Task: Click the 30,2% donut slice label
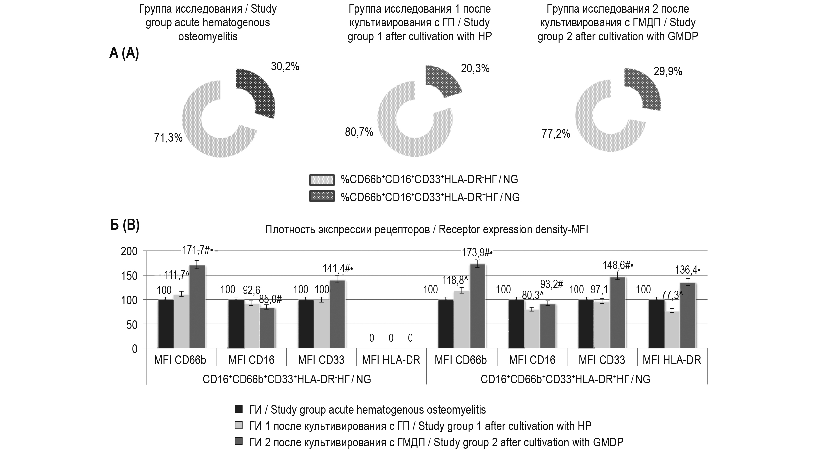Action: (x=285, y=67)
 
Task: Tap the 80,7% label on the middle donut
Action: (x=359, y=132)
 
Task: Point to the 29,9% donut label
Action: (x=668, y=71)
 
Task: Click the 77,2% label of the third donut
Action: (x=556, y=134)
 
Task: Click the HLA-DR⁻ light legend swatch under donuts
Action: (x=321, y=180)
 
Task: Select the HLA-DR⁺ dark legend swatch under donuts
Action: (x=321, y=197)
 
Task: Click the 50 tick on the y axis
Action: (x=132, y=325)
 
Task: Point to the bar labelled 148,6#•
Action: (x=617, y=313)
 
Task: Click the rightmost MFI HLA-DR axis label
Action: (x=672, y=360)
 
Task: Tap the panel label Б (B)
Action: (x=125, y=226)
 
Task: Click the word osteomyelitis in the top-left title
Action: (x=208, y=36)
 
